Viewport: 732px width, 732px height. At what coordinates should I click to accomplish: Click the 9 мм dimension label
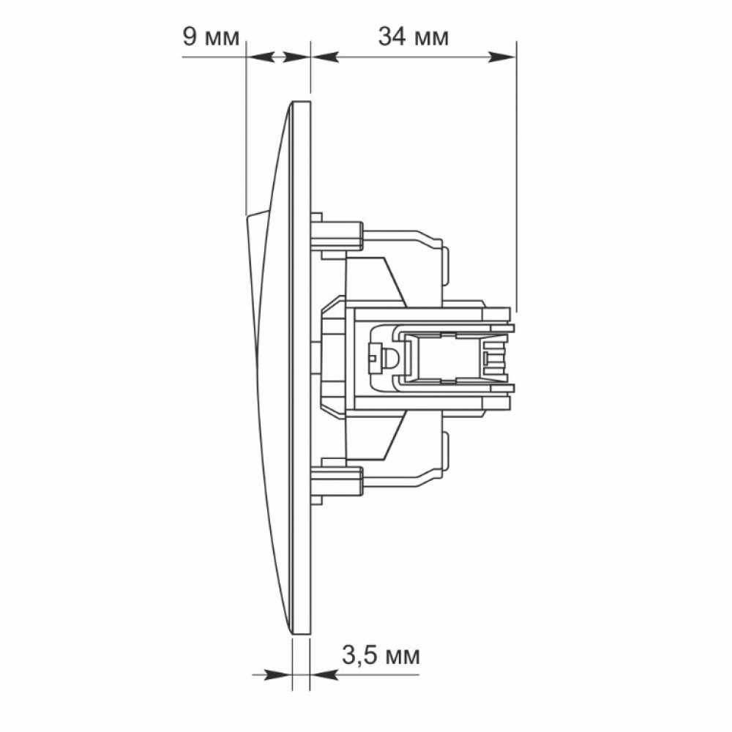click(x=211, y=37)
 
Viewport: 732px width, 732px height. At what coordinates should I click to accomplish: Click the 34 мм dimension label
click(x=413, y=37)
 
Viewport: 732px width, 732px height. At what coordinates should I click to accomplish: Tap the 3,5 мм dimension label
click(x=381, y=656)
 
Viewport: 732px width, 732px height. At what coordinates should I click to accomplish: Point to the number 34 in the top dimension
click(x=392, y=37)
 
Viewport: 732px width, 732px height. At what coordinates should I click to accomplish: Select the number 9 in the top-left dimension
click(x=190, y=37)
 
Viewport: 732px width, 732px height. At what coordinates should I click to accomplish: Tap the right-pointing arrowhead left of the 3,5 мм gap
click(x=278, y=675)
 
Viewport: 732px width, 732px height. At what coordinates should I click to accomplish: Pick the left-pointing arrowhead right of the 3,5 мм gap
click(x=323, y=675)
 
